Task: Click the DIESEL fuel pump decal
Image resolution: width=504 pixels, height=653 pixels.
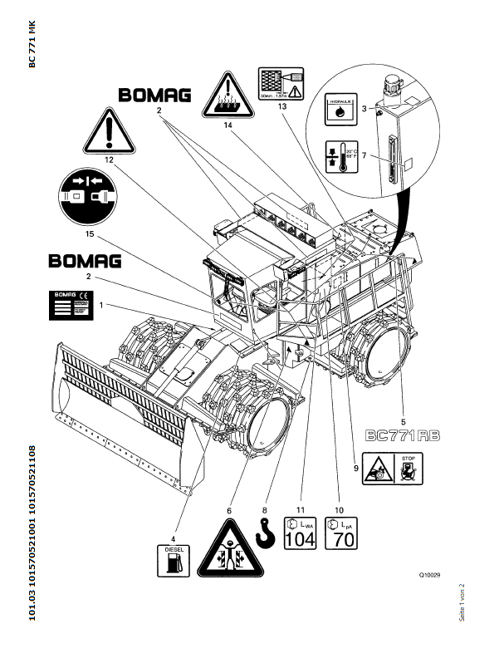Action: tap(173, 559)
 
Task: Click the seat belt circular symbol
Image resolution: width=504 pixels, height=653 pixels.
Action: tap(88, 196)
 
